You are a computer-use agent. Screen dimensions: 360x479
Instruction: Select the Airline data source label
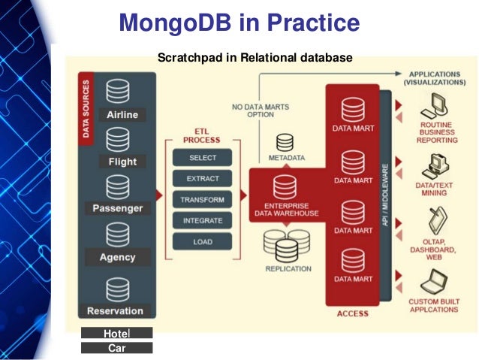pyautogui.click(x=122, y=115)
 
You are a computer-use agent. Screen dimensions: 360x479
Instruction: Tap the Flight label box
pyautogui.click(x=122, y=162)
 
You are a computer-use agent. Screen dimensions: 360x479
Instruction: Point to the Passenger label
pyautogui.click(x=118, y=208)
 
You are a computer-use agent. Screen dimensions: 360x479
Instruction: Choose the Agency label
pyautogui.click(x=117, y=257)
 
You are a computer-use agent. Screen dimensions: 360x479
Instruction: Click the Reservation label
pyautogui.click(x=115, y=310)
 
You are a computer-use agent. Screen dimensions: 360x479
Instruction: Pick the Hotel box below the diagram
pyautogui.click(x=117, y=333)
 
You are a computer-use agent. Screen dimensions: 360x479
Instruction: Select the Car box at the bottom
pyautogui.click(x=117, y=348)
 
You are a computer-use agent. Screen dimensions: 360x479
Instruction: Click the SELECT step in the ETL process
pyautogui.click(x=202, y=158)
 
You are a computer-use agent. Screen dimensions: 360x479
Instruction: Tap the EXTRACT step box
pyautogui.click(x=202, y=179)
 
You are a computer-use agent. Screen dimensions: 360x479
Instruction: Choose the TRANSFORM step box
pyautogui.click(x=202, y=200)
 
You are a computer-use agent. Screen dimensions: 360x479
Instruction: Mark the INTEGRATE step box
pyautogui.click(x=202, y=221)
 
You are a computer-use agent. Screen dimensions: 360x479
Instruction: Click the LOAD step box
pyautogui.click(x=202, y=242)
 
